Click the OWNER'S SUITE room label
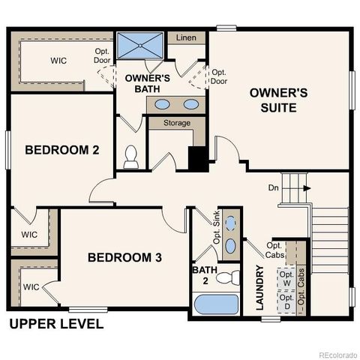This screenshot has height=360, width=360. point(278,100)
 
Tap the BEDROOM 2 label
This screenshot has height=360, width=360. point(62,149)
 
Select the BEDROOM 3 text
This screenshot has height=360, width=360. point(124,257)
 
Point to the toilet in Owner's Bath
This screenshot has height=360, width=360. point(132,155)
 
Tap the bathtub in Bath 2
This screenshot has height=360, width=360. point(215,305)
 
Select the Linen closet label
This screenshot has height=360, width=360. point(187,37)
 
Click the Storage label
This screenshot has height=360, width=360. point(176,122)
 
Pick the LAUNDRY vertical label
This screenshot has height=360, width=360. point(259,288)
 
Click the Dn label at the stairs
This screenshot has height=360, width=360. point(274,189)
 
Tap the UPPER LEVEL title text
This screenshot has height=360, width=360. point(55,325)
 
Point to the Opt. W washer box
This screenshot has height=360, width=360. point(286,279)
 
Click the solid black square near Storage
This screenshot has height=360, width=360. point(197,158)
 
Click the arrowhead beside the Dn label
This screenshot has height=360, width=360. point(306,189)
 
